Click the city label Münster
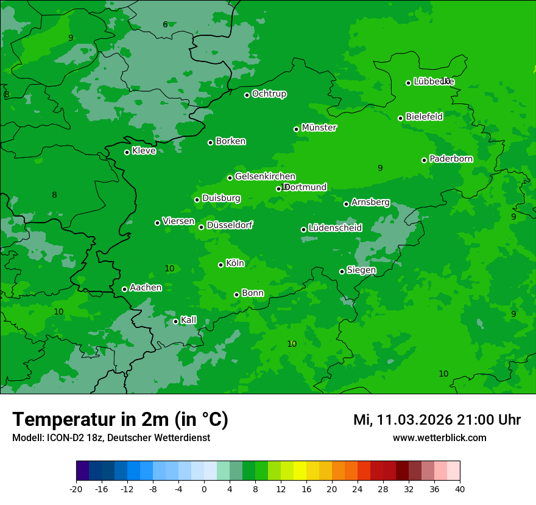pos(319,128)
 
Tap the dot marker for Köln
pos(220,265)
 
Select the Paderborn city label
pos(451,159)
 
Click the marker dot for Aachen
pos(124,289)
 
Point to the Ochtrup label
pos(269,94)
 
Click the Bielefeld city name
pos(424,116)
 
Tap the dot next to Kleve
pos(127,152)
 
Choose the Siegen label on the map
pos(361,270)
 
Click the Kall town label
pos(188,320)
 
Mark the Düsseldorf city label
pos(230,225)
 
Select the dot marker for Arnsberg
pos(346,204)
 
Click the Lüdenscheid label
pos(335,228)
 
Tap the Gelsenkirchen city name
pos(265,176)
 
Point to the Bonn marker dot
pos(236,294)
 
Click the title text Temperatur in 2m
pos(120,419)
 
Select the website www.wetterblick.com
pos(439,437)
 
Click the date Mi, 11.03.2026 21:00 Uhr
pos(437,420)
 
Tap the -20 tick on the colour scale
pos(76,489)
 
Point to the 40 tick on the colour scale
pos(460,489)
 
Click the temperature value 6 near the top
pos(165,25)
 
